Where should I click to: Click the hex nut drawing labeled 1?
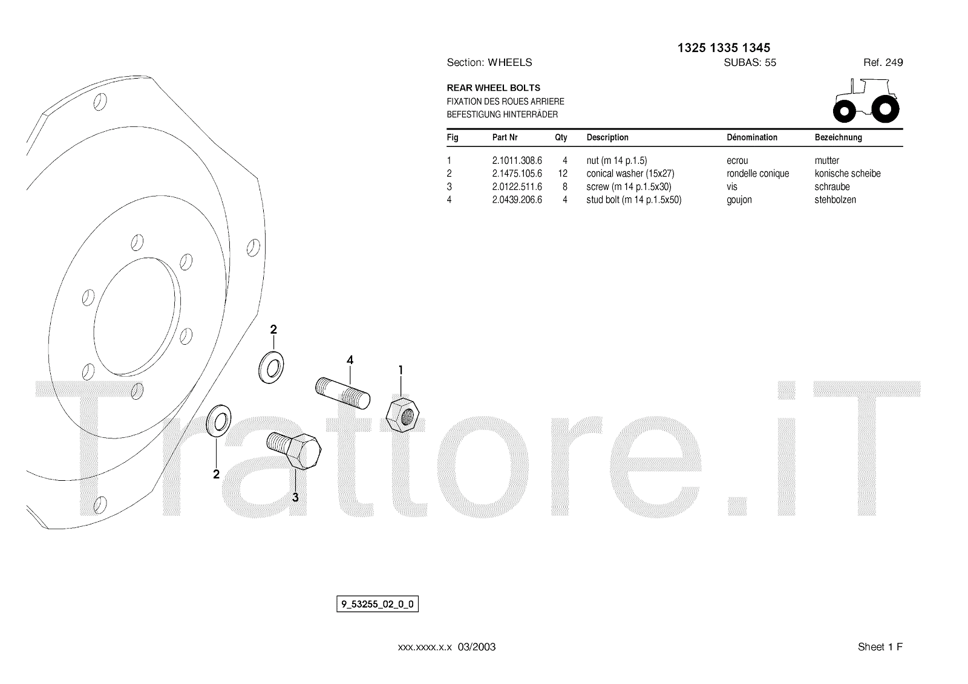coord(402,414)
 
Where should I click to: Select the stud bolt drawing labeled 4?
coord(343,393)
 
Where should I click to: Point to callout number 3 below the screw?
coord(295,498)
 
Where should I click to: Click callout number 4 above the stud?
coord(350,360)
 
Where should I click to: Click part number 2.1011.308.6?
coord(517,161)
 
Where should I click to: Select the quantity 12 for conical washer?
coord(562,174)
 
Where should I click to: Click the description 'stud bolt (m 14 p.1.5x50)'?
coord(633,200)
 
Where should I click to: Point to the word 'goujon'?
coord(739,200)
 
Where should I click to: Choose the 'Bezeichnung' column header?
coord(838,137)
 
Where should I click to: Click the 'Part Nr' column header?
coord(505,137)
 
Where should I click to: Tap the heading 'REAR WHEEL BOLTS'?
coord(493,88)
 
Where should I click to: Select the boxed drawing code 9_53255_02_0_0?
coord(378,604)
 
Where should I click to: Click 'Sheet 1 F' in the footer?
coord(880,647)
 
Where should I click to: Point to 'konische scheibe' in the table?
coord(847,174)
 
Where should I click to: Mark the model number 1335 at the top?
coord(724,48)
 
